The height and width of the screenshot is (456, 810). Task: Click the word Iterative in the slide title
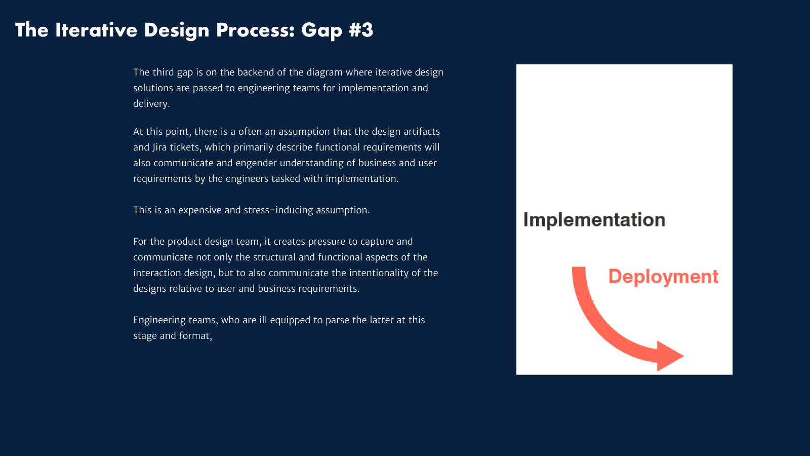(x=96, y=30)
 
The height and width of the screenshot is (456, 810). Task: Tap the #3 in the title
(x=361, y=30)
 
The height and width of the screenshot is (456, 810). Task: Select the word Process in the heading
(x=256, y=30)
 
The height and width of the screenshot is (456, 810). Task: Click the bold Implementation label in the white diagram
(x=594, y=220)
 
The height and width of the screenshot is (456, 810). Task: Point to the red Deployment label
(x=663, y=277)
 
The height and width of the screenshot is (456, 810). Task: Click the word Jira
(x=159, y=147)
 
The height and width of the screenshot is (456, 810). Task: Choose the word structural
(x=274, y=257)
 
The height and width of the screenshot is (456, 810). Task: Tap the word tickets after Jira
(x=185, y=147)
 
